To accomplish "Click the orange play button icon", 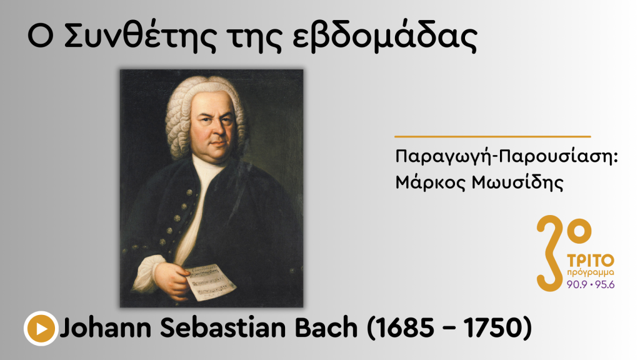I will click(x=41, y=327).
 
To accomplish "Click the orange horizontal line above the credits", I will click(x=492, y=136).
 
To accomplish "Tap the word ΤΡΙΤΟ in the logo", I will click(x=591, y=260).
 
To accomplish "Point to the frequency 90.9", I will click(x=577, y=284).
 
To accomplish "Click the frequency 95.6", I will click(x=604, y=284).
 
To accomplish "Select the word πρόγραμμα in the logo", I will click(x=591, y=273).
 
